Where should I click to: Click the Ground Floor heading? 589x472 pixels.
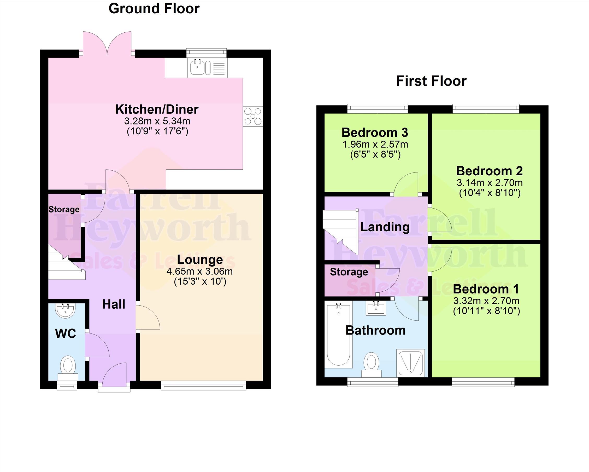point(154,8)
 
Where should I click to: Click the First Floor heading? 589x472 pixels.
point(431,81)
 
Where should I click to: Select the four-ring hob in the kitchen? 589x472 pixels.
point(253,116)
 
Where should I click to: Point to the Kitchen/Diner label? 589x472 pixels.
point(157,110)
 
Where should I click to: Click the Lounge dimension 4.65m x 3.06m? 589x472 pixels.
point(200,272)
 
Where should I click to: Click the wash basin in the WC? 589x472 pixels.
point(65,311)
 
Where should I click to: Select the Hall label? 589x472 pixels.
point(114,304)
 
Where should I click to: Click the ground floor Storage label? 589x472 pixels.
point(64,210)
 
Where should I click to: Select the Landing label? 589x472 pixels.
point(385,227)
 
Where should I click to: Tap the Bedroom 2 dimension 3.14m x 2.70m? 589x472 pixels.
point(490,183)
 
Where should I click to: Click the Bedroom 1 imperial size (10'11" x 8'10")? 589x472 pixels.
point(487,311)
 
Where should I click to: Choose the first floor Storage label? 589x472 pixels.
point(349,272)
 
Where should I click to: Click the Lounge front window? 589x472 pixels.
point(203,385)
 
